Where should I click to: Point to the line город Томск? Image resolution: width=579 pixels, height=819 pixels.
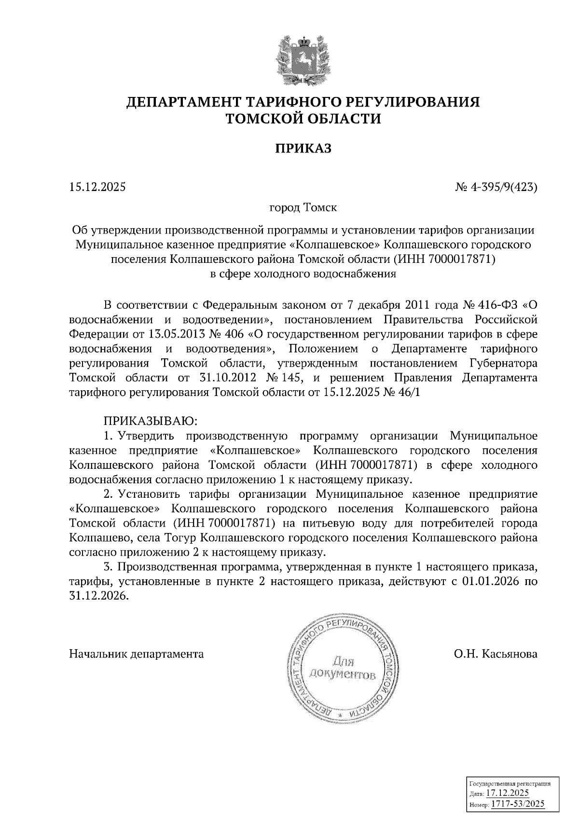(303, 208)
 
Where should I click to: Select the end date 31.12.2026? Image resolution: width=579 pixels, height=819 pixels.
(99, 596)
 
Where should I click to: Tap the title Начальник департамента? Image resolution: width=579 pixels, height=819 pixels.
(137, 654)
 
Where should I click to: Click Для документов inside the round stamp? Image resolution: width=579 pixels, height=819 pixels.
(342, 667)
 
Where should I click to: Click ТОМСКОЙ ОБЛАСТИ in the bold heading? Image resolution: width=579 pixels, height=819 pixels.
(303, 119)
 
